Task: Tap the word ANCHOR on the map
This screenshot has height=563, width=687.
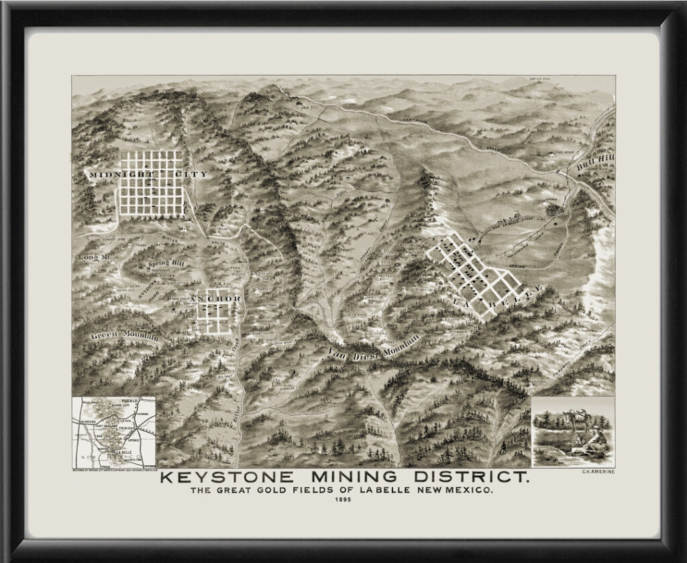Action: pos(215,298)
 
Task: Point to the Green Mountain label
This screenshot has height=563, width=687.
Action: pos(125,334)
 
